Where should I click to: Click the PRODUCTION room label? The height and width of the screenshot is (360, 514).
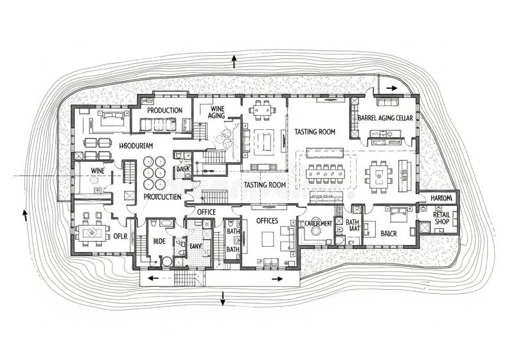tap(164, 110)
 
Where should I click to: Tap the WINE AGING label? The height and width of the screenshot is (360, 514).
tap(216, 111)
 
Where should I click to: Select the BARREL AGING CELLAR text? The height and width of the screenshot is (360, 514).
tap(385, 118)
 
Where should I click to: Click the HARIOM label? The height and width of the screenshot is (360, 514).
tap(441, 198)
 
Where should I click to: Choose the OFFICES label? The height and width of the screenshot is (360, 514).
tap(267, 221)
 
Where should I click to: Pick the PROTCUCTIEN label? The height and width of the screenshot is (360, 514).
tap(162, 196)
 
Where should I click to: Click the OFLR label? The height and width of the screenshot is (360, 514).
tap(120, 236)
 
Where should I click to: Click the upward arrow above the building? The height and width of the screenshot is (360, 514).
tap(234, 62)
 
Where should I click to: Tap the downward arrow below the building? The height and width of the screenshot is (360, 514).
tap(223, 299)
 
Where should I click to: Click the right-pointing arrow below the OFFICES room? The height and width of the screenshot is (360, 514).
tap(278, 278)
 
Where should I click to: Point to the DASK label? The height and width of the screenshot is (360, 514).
tap(182, 168)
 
